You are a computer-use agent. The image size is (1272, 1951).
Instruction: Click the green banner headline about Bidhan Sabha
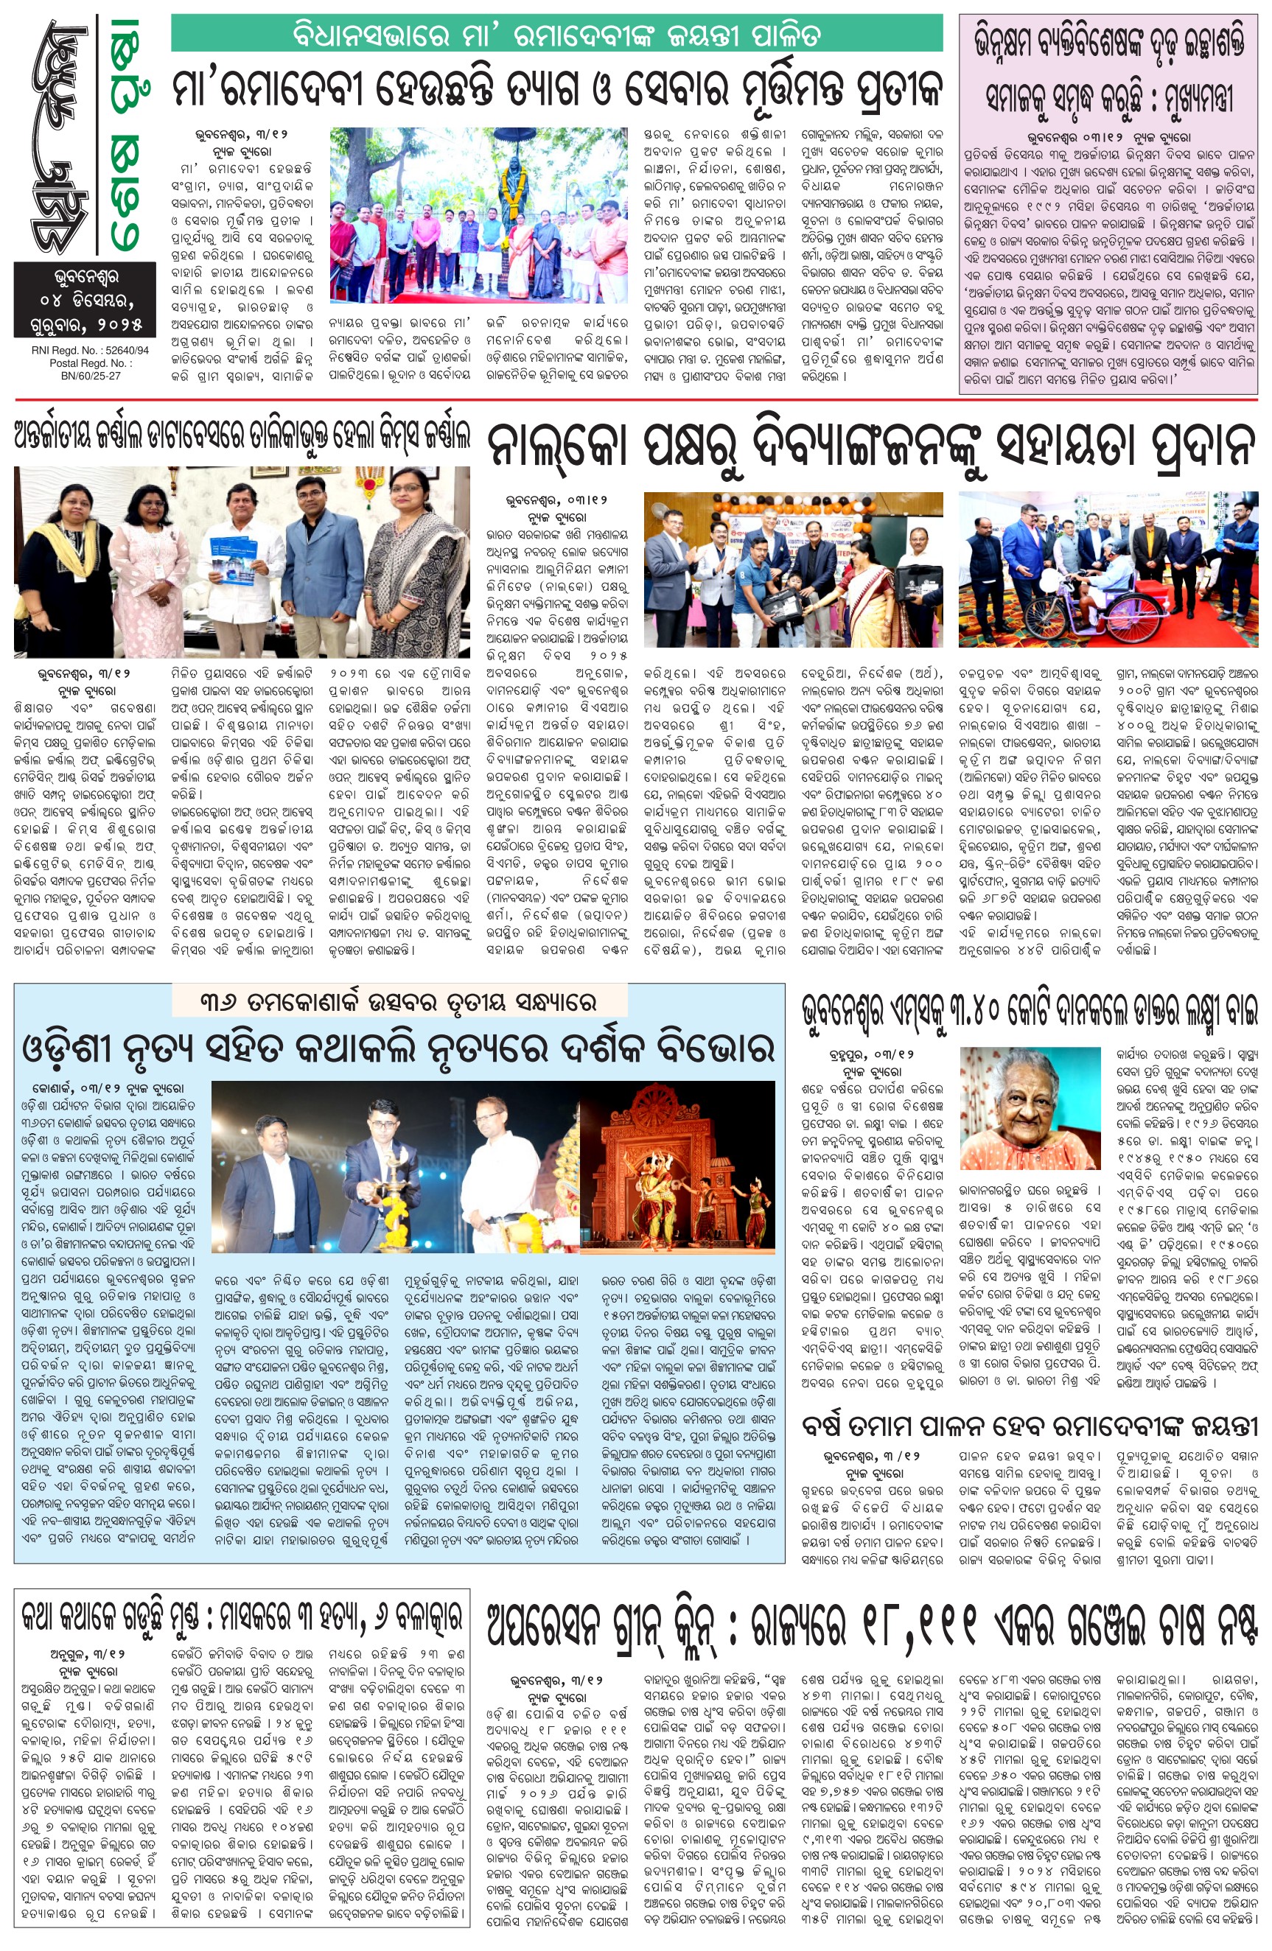point(556,35)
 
